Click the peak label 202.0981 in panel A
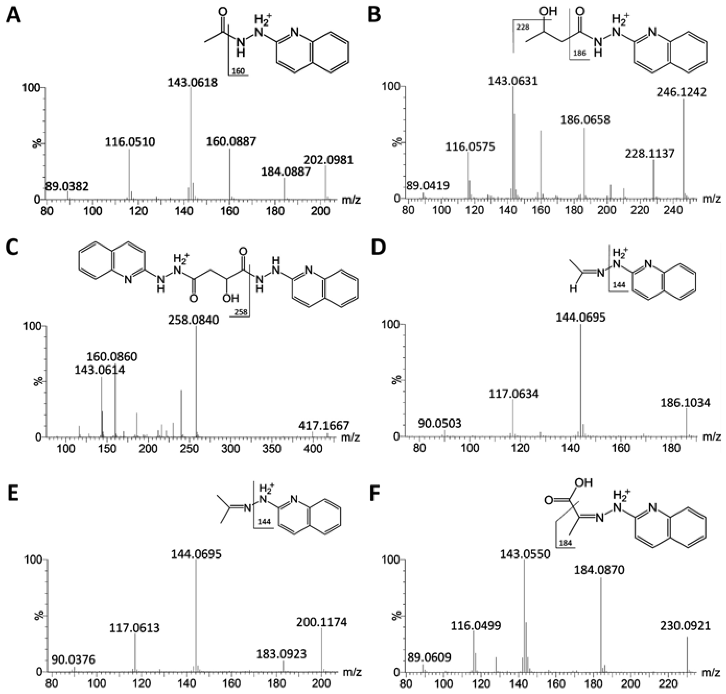328,160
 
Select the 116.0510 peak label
130,142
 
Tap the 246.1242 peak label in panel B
681,92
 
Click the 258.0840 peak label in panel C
194,320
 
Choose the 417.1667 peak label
324,426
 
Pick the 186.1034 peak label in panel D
685,403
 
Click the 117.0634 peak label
513,394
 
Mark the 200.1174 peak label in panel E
322,622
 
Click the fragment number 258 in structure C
241,313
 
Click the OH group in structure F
584,483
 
